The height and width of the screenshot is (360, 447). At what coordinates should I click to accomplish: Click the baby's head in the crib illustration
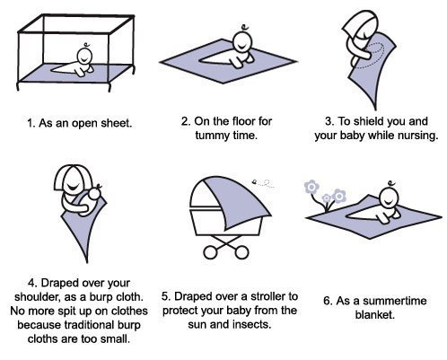click(x=84, y=56)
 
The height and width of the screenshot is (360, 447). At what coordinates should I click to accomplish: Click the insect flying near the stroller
click(x=255, y=181)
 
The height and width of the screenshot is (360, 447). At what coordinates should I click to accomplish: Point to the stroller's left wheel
click(x=210, y=252)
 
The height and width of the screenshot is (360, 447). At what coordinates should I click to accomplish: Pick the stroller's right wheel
click(x=241, y=252)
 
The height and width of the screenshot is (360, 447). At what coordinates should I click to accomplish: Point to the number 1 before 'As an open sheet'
click(x=30, y=123)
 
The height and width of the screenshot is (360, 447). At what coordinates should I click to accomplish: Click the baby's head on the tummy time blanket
click(x=241, y=42)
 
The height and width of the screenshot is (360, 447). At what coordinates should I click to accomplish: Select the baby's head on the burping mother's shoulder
click(x=94, y=193)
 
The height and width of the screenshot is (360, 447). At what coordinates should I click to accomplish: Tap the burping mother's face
click(x=72, y=183)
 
